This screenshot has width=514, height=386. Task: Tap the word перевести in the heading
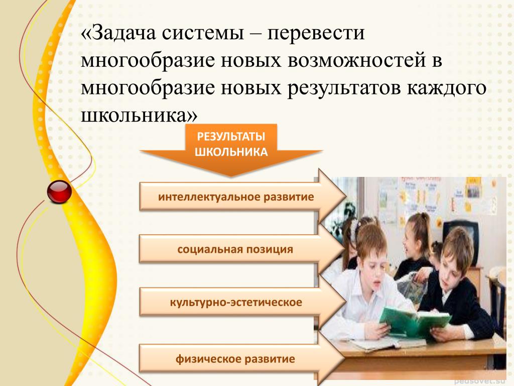pyautogui.click(x=316, y=34)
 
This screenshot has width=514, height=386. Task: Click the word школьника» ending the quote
pyautogui.click(x=139, y=116)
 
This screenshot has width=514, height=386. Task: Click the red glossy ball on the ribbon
pyautogui.click(x=59, y=191)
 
